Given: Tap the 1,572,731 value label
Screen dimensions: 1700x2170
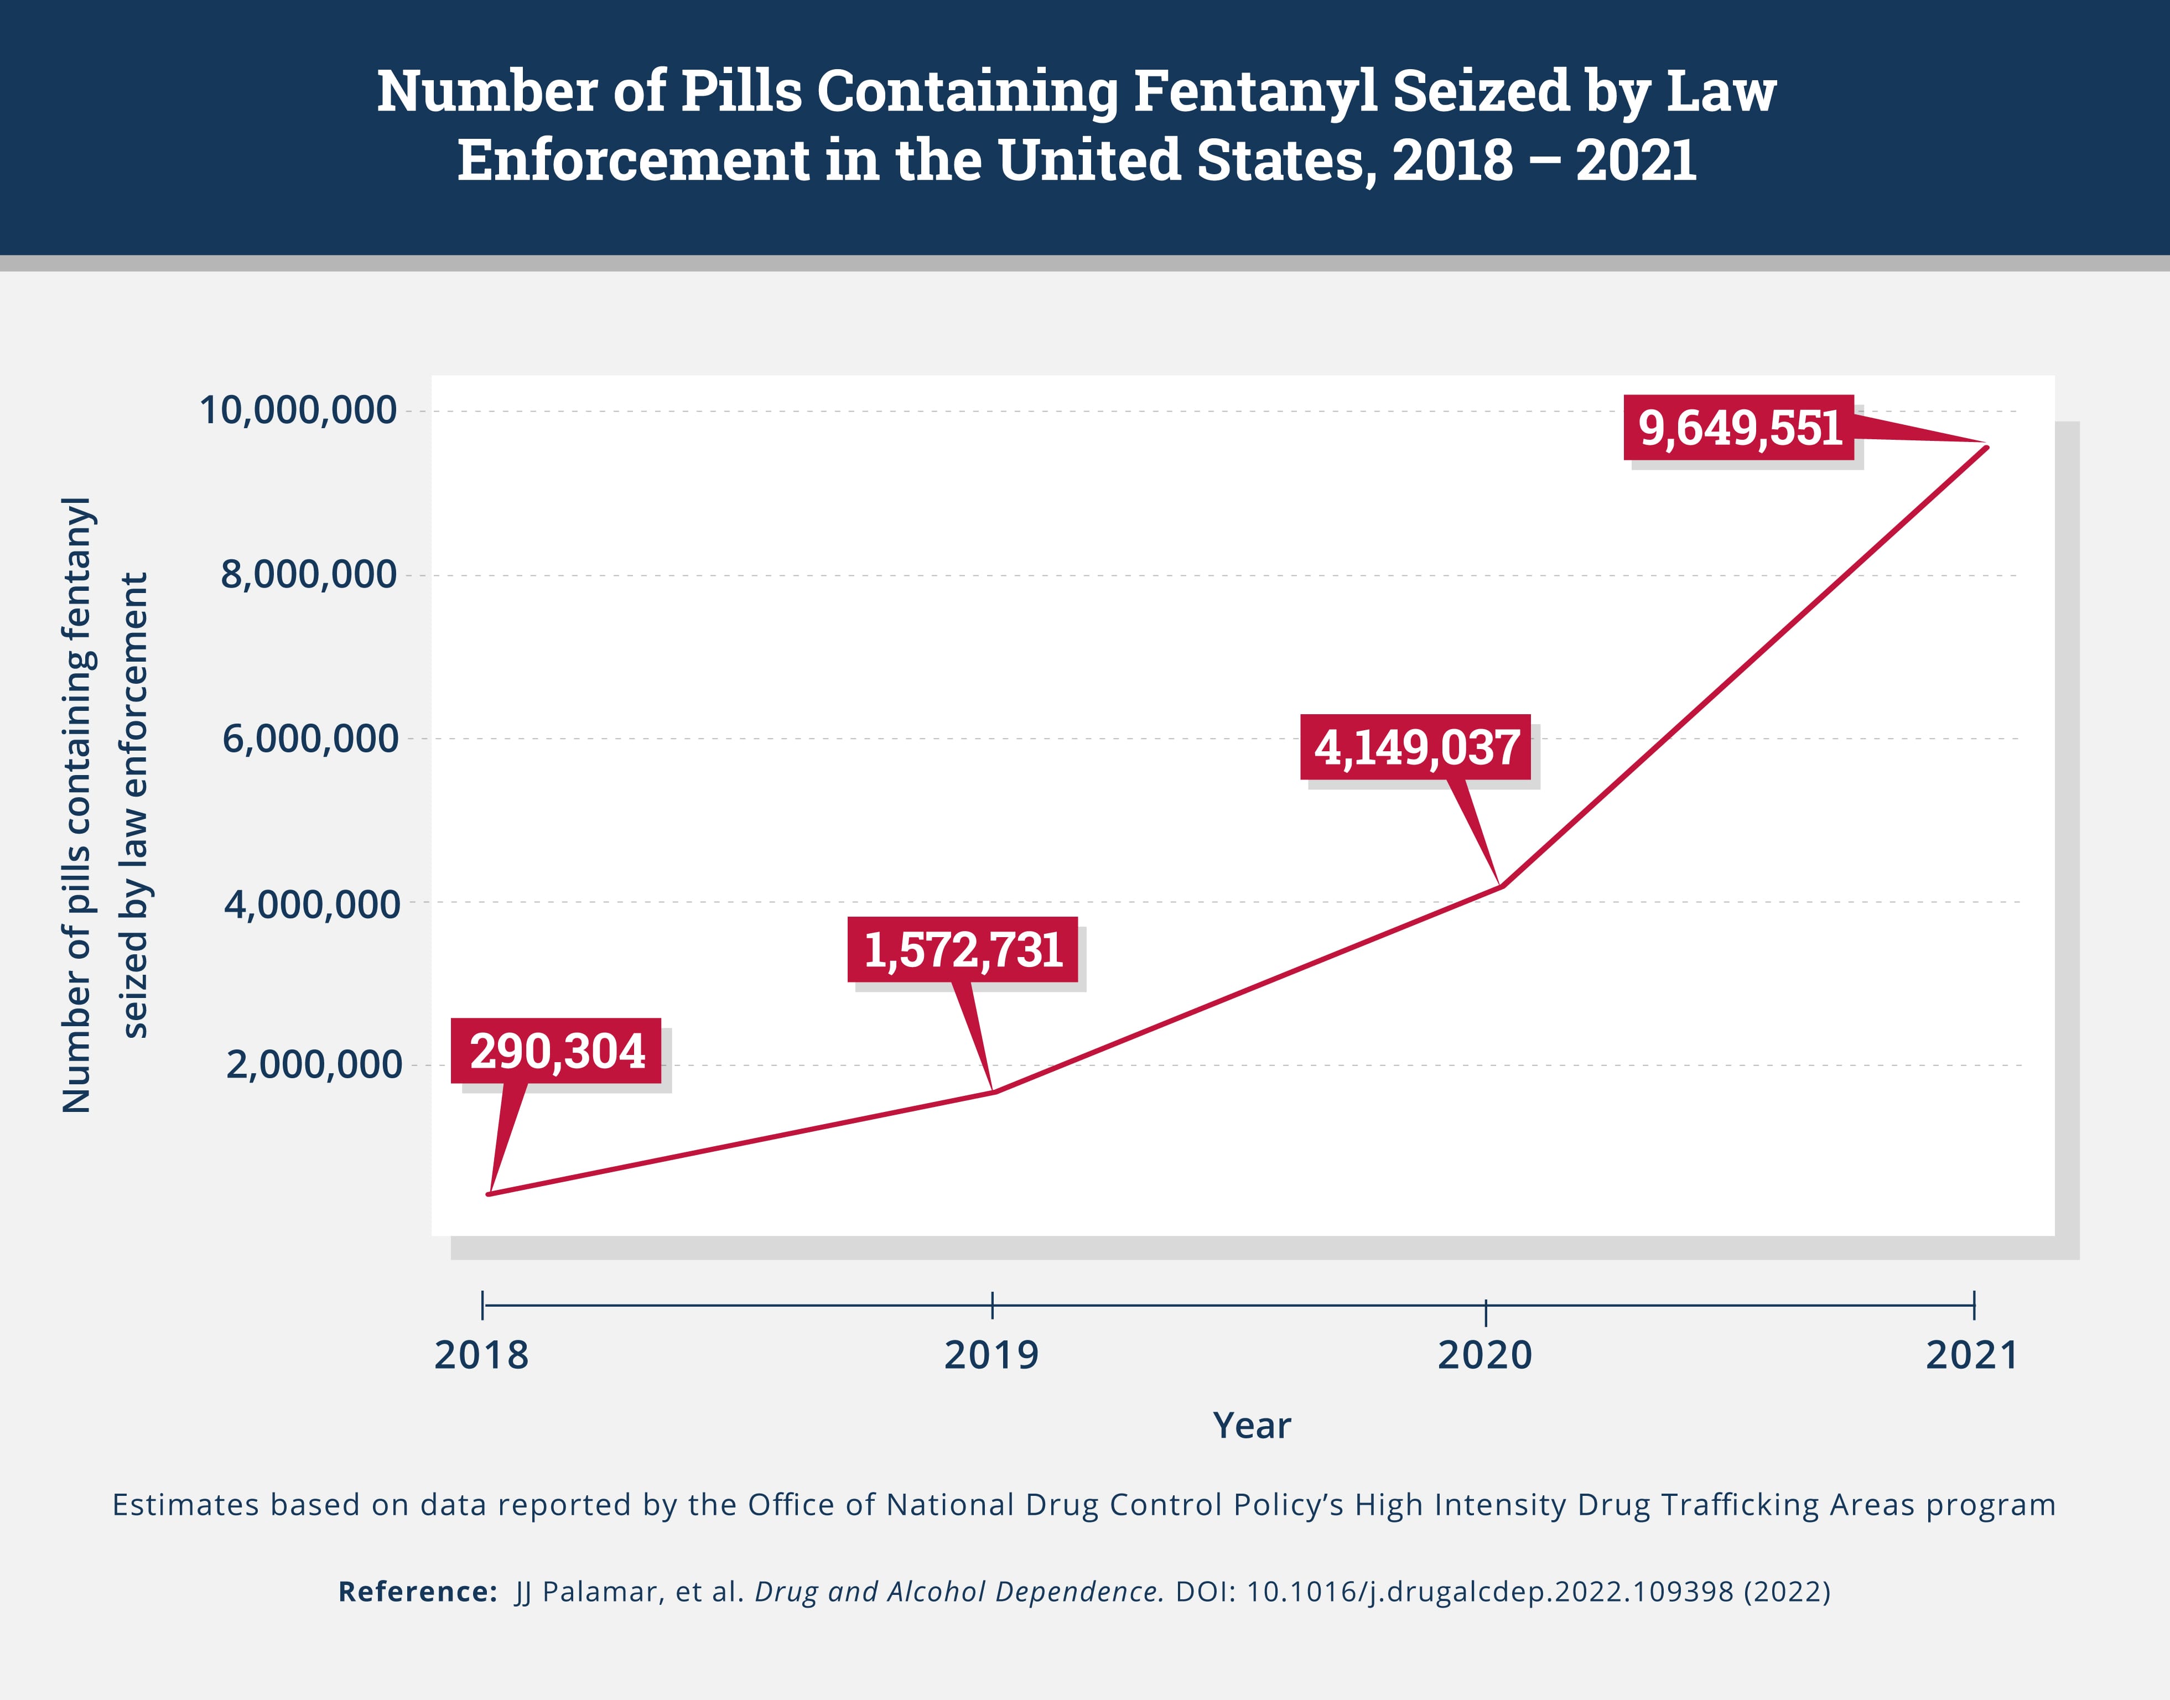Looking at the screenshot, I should (x=963, y=949).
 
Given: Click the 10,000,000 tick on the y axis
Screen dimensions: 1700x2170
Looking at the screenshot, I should (x=299, y=410).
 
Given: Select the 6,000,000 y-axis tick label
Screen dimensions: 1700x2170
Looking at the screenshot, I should (x=310, y=739).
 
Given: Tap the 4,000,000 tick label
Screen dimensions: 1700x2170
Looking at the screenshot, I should (x=310, y=904).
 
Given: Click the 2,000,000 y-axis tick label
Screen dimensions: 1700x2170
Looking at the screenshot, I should (x=313, y=1065).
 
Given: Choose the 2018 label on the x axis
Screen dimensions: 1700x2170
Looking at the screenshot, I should (x=482, y=1355).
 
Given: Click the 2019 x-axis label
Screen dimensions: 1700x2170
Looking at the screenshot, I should (x=991, y=1355).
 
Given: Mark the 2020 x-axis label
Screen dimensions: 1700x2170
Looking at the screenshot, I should (x=1484, y=1355).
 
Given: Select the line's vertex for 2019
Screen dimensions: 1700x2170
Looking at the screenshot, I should (x=993, y=1092).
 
